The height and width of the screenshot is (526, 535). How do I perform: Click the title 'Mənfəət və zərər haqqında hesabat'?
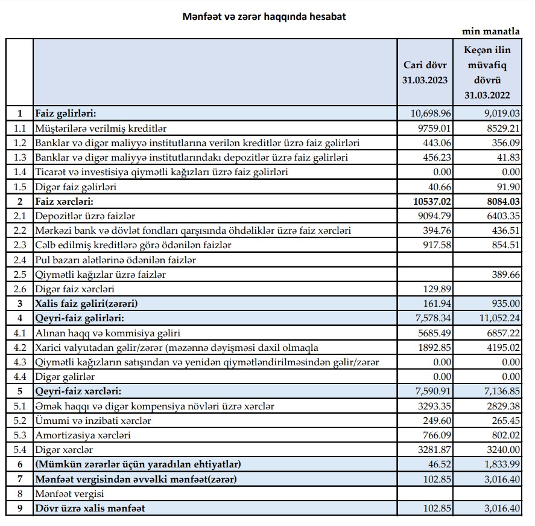pos(264,17)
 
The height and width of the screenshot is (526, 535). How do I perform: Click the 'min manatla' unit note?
pos(491,31)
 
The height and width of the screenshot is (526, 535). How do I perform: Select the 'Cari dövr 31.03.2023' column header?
pos(425,72)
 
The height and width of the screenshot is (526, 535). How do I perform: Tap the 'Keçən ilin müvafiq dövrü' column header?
pos(487,72)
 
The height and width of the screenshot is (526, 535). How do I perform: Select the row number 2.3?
pos(19,245)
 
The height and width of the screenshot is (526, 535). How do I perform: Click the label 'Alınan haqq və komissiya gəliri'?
pos(100,333)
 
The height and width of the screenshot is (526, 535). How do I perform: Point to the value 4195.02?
pos(501,347)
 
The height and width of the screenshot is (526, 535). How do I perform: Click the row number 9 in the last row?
pos(19,508)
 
